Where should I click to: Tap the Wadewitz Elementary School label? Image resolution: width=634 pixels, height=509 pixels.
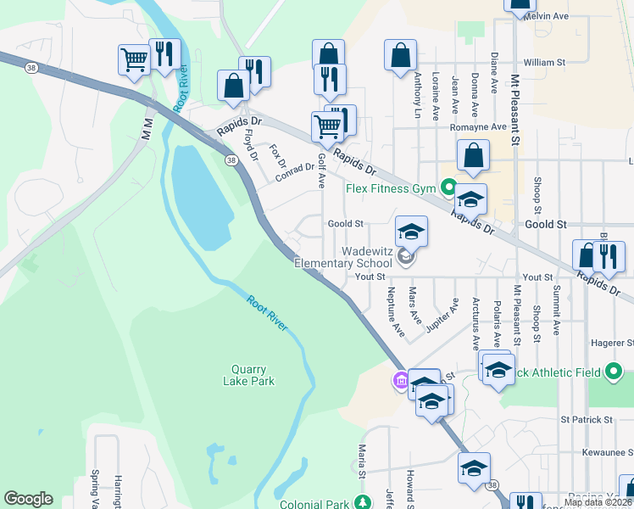tap(343, 257)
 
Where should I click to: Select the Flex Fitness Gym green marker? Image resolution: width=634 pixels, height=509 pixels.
tap(448, 187)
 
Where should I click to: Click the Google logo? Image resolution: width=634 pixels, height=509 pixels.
tap(28, 499)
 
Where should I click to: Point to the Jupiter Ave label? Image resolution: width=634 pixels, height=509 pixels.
tap(442, 316)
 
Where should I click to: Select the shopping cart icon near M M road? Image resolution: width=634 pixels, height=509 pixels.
tap(134, 59)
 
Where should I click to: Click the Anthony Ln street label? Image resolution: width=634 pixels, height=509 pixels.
tap(417, 94)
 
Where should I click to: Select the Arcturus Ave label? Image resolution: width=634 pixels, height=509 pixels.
tap(475, 323)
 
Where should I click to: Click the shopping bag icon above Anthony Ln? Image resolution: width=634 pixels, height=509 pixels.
tap(400, 56)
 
